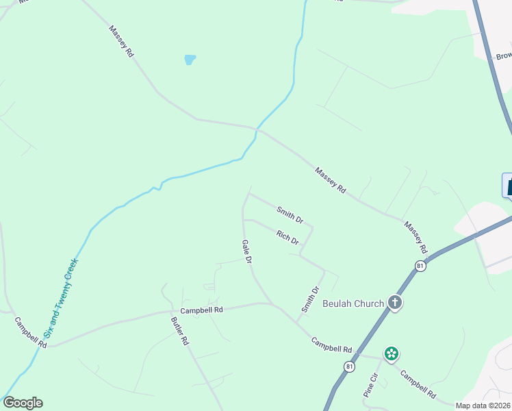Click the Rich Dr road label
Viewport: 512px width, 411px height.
coord(288,237)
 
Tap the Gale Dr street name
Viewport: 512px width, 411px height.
coord(247,251)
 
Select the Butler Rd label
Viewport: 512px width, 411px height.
coord(180,330)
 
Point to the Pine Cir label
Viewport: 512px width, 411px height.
coord(370,386)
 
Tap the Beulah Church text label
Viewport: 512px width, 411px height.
coord(353,303)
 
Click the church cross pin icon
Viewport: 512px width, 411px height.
coord(395,302)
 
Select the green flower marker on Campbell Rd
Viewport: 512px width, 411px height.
coord(391,353)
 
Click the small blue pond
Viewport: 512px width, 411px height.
coord(190,60)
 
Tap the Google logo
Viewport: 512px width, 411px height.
coord(23,403)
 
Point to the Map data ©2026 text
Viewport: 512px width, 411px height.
coord(483,406)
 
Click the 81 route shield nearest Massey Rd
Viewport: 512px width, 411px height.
coord(420,265)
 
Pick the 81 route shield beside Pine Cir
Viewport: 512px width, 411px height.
coord(350,367)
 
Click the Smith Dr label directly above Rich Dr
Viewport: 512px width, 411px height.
coord(290,214)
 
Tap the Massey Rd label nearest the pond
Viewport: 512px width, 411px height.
coord(121,41)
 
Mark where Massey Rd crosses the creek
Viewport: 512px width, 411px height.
coord(257,128)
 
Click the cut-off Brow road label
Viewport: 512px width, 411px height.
coord(503,55)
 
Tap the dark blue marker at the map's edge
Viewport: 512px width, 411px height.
coord(507,186)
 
